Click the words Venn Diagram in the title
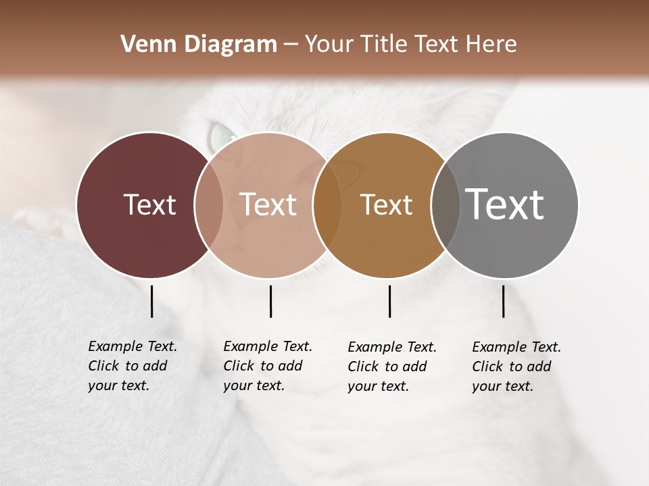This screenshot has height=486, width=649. (x=199, y=45)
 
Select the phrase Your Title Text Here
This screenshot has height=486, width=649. (x=410, y=45)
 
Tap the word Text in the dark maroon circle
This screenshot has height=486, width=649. (x=149, y=205)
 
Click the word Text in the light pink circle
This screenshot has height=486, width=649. (x=268, y=205)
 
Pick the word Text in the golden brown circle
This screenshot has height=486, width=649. (x=386, y=205)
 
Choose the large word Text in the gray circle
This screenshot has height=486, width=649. (x=505, y=204)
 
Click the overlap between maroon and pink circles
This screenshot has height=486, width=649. (x=209, y=205)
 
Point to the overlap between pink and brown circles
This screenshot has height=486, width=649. (x=327, y=205)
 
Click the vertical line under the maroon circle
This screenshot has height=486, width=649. (x=151, y=301)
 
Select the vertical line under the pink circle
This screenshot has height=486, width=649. (x=270, y=301)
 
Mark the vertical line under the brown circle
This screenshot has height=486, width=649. (x=389, y=301)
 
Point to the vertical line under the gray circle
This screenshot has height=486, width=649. (x=503, y=301)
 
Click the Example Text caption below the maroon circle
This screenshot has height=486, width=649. (x=132, y=366)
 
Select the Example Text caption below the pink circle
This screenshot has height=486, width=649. (x=267, y=366)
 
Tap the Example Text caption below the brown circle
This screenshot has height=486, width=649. (x=391, y=367)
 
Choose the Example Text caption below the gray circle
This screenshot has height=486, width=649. (x=516, y=367)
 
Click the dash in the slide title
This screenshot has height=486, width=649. (x=291, y=45)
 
